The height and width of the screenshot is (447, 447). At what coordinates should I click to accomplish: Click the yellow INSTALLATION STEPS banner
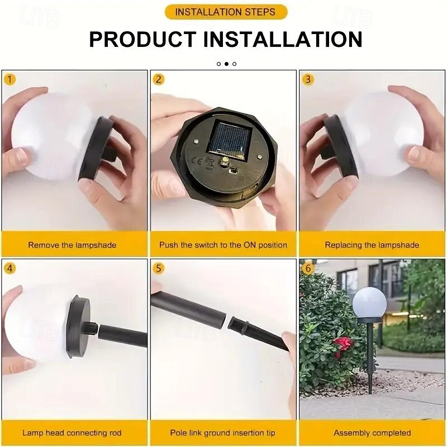[226, 12]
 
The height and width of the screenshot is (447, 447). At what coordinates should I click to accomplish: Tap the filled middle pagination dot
[226, 64]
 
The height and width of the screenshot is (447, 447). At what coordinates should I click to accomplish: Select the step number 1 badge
[9, 79]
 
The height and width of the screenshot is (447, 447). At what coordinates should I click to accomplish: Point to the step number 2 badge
[159, 79]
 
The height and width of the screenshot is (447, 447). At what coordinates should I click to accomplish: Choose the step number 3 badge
[308, 79]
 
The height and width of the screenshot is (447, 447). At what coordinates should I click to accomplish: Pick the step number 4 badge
[9, 269]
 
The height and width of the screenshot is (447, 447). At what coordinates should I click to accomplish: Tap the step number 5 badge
[159, 269]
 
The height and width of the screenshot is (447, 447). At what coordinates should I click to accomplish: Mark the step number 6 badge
[308, 269]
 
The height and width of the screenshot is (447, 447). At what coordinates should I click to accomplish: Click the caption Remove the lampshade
[72, 245]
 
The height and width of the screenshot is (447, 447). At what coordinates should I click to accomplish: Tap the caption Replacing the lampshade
[372, 245]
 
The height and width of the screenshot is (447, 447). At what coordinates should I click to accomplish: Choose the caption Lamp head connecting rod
[72, 433]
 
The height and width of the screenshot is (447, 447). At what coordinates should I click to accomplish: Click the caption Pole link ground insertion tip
[222, 433]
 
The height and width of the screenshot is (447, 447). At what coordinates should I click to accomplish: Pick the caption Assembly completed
[372, 433]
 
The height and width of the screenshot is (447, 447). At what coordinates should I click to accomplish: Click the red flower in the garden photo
[344, 344]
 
